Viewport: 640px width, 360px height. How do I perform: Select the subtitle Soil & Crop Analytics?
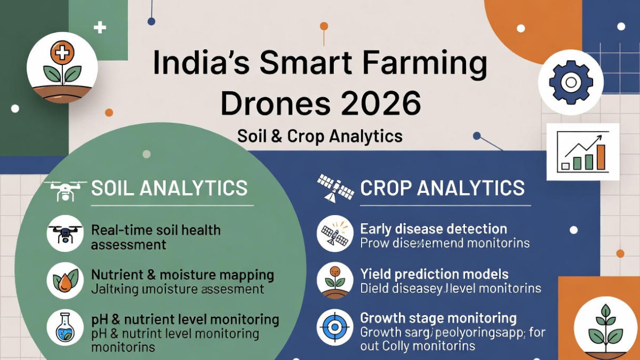(320, 136)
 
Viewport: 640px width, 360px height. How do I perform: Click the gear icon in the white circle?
(570, 82)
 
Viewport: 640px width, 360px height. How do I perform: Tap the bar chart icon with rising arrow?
(582, 152)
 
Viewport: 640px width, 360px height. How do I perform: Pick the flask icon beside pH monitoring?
(65, 327)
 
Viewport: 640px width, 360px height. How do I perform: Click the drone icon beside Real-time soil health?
(65, 234)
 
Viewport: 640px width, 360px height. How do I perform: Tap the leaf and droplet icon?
(65, 281)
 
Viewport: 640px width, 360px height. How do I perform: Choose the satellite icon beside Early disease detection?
(335, 234)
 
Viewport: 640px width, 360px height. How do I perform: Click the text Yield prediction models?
(434, 275)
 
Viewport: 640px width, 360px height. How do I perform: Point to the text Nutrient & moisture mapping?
(182, 275)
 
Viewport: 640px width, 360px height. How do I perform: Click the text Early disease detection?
(434, 229)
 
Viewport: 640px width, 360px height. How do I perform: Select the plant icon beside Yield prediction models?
(335, 281)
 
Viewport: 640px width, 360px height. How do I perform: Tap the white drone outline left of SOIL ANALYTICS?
(65, 189)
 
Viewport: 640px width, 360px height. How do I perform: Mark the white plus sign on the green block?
(100, 27)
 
